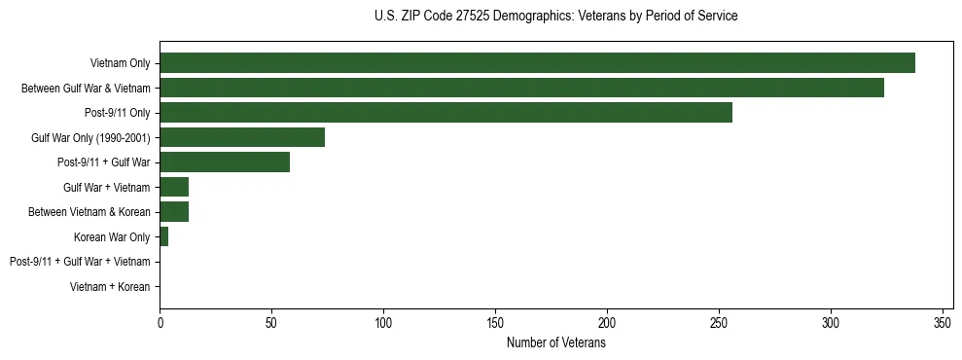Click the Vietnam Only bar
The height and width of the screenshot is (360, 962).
coord(537,63)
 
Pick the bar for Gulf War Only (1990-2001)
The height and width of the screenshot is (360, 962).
coord(242,137)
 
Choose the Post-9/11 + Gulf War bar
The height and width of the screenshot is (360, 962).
coord(225,162)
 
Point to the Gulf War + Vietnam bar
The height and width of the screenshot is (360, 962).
coord(174,187)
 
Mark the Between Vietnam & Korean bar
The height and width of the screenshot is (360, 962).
coord(174,212)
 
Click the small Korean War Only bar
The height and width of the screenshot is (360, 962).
coord(164,236)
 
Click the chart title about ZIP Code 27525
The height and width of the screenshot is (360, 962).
coord(555,17)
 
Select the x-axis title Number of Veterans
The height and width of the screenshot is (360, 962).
coord(555,343)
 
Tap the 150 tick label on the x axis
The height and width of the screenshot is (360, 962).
coord(495,322)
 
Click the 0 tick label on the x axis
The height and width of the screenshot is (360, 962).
coord(160,322)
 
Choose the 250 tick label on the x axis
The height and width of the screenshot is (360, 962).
coord(719,322)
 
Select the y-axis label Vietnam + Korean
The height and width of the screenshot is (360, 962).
coord(110,287)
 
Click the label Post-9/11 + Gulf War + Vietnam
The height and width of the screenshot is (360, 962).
coord(80,262)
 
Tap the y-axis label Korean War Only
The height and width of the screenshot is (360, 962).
coord(112,237)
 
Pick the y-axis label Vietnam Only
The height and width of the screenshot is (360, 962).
coord(120,64)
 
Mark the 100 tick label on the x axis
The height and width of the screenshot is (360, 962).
coord(383,322)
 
